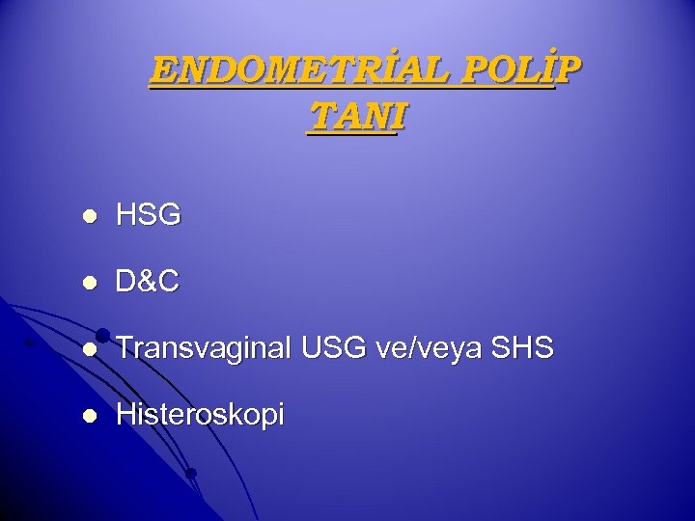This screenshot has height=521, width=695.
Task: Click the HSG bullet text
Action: tap(148, 216)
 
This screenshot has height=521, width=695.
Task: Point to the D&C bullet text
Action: tap(148, 283)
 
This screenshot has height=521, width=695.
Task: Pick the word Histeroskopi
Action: tap(200, 416)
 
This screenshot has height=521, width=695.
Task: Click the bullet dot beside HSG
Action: tap(88, 217)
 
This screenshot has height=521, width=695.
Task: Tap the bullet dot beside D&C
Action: tap(88, 284)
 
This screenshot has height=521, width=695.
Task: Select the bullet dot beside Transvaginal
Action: tap(88, 350)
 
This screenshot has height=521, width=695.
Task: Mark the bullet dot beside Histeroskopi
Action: tap(88, 417)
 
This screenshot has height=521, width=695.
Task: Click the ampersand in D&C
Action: tap(148, 283)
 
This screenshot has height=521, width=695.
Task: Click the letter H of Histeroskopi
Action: tap(125, 416)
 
